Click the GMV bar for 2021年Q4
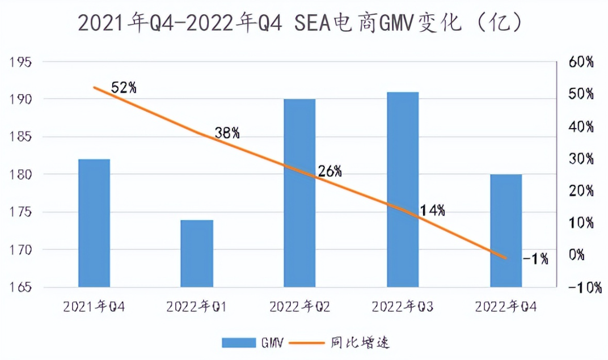[x=94, y=223]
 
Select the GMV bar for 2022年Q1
[x=197, y=253]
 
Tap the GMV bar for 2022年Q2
[x=299, y=193]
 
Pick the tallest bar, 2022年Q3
[x=403, y=189]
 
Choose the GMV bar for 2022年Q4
[x=506, y=230]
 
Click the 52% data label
[x=124, y=88]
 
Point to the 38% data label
[x=227, y=133]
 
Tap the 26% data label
[x=330, y=171]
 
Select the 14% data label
[x=433, y=211]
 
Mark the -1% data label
[x=535, y=259]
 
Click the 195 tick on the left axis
[x=22, y=62]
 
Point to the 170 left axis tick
[x=22, y=250]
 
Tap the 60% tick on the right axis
[x=580, y=62]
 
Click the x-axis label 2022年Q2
[x=299, y=307]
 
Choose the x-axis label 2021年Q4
[x=94, y=307]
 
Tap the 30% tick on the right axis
[x=580, y=158]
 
